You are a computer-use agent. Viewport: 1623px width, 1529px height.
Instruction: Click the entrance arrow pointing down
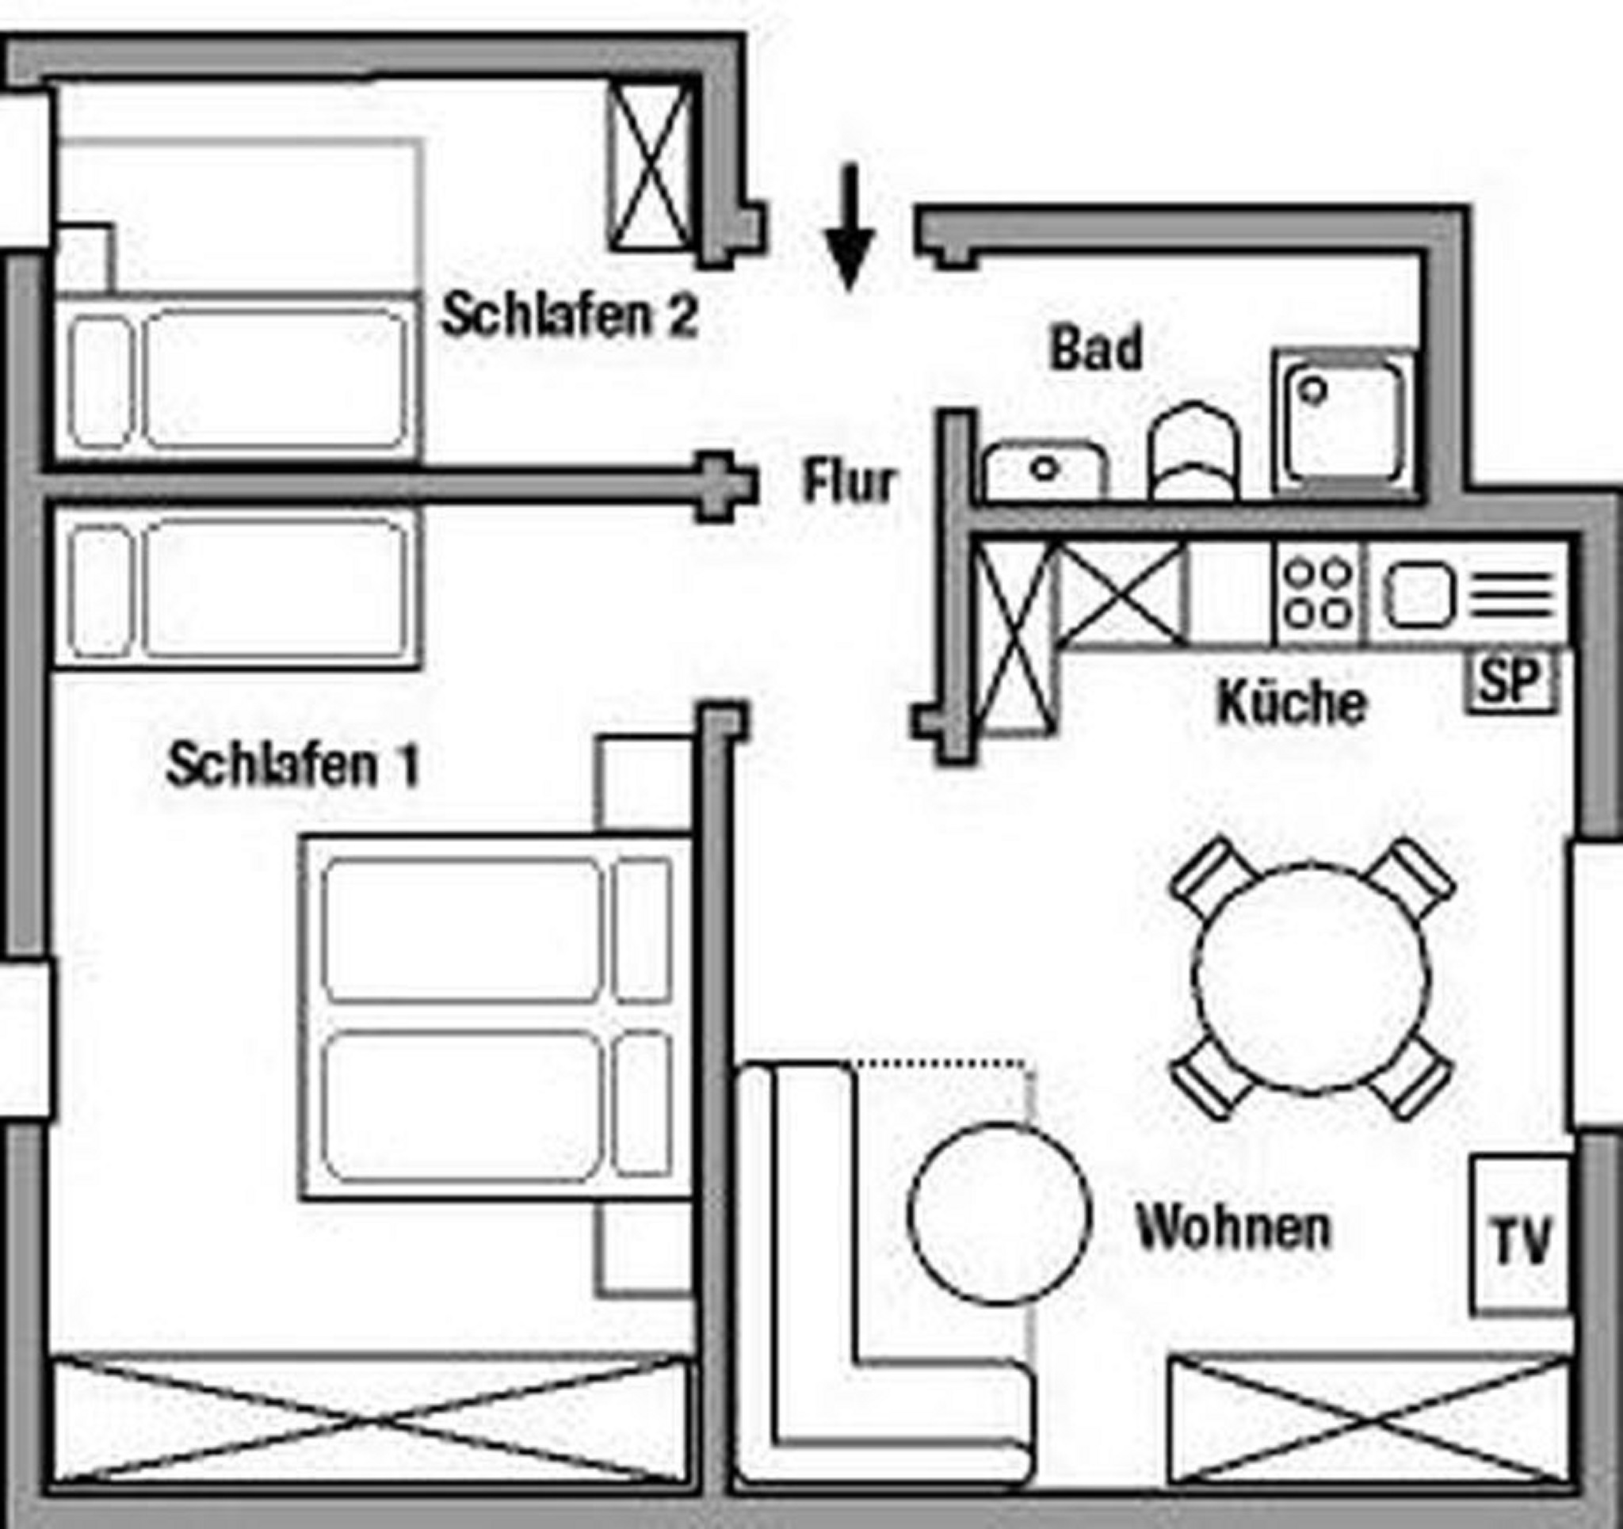(849, 229)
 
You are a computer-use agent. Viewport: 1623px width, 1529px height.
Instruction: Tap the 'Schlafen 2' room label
(569, 316)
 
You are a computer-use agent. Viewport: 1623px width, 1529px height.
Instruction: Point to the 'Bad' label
(1096, 349)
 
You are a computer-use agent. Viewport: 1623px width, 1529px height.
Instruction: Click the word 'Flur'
(848, 482)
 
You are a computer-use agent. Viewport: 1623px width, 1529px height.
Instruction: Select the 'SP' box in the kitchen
(1510, 679)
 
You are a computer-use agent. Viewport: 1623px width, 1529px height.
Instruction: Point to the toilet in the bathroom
(1193, 453)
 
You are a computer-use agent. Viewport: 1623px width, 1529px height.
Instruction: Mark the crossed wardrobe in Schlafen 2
(651, 167)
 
